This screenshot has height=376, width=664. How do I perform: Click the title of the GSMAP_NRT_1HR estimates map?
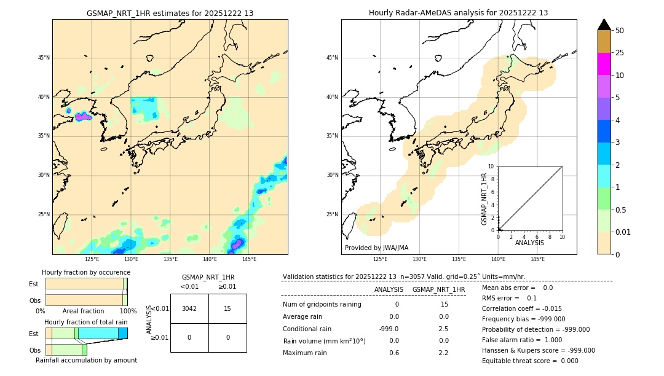[170, 13]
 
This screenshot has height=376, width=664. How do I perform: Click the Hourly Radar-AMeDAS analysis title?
[458, 13]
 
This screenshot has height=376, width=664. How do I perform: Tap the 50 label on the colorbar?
[620, 31]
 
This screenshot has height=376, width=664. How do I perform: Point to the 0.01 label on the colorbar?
[622, 232]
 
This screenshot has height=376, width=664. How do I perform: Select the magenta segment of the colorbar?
[604, 64]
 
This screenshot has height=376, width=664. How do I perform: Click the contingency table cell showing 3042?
[189, 308]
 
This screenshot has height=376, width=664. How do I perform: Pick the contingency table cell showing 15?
[227, 308]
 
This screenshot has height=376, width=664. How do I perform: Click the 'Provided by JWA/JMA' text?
[376, 248]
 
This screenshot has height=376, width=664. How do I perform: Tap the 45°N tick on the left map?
[44, 58]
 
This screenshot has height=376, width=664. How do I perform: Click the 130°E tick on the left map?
[130, 259]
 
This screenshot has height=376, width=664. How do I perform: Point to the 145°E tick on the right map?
[537, 259]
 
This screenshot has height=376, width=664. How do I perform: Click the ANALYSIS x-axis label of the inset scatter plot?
[529, 243]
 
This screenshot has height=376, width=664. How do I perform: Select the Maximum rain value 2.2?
[443, 353]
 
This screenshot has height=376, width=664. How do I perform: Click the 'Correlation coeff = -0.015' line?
[521, 308]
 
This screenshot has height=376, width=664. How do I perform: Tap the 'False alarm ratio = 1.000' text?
[521, 340]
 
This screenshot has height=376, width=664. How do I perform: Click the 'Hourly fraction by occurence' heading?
[86, 272]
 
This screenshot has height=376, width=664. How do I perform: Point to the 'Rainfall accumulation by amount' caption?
[86, 360]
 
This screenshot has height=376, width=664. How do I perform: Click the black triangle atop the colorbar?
[604, 25]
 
